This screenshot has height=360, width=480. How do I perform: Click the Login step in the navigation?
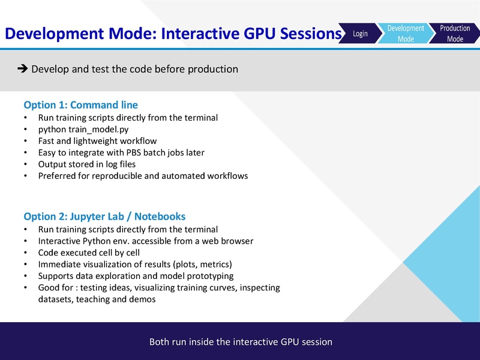[360, 34]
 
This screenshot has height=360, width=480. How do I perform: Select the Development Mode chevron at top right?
[406, 34]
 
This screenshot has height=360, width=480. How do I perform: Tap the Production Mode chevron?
[455, 34]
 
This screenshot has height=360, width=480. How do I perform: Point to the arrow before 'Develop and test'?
[23, 69]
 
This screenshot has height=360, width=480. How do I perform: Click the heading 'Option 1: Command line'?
[80, 104]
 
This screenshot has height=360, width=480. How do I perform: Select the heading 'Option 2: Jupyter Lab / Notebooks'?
[104, 216]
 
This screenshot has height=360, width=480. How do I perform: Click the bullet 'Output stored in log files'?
[87, 164]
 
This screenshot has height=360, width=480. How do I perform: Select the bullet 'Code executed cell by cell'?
[89, 253]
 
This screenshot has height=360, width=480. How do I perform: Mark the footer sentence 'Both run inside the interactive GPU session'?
[240, 342]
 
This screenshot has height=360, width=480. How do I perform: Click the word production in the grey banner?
[213, 69]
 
